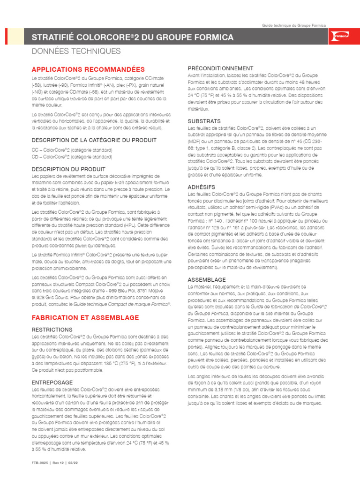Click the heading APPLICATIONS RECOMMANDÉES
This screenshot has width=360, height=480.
(88, 69)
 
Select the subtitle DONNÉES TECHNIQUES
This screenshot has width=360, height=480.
(76, 51)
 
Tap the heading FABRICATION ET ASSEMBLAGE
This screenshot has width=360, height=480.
(85, 317)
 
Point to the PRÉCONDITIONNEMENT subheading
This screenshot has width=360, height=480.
(220, 68)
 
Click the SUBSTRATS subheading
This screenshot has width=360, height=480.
(204, 121)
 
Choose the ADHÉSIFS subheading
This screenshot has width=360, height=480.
(202, 187)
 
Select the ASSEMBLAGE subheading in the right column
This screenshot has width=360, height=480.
(207, 280)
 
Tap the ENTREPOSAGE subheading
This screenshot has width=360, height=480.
(52, 382)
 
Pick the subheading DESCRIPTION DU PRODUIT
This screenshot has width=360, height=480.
(68, 169)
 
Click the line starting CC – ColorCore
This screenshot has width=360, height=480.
(72, 150)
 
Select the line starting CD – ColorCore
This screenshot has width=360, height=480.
(72, 157)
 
